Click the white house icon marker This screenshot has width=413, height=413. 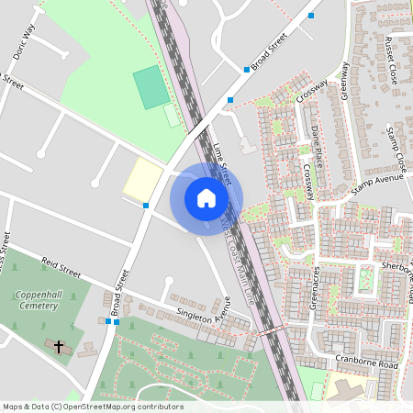coord(206,197)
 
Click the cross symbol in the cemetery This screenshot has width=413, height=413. coord(60,347)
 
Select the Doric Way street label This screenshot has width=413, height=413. coord(24,42)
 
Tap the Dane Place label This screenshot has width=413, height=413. coord(317,145)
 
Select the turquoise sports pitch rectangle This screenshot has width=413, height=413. coord(150,87)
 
